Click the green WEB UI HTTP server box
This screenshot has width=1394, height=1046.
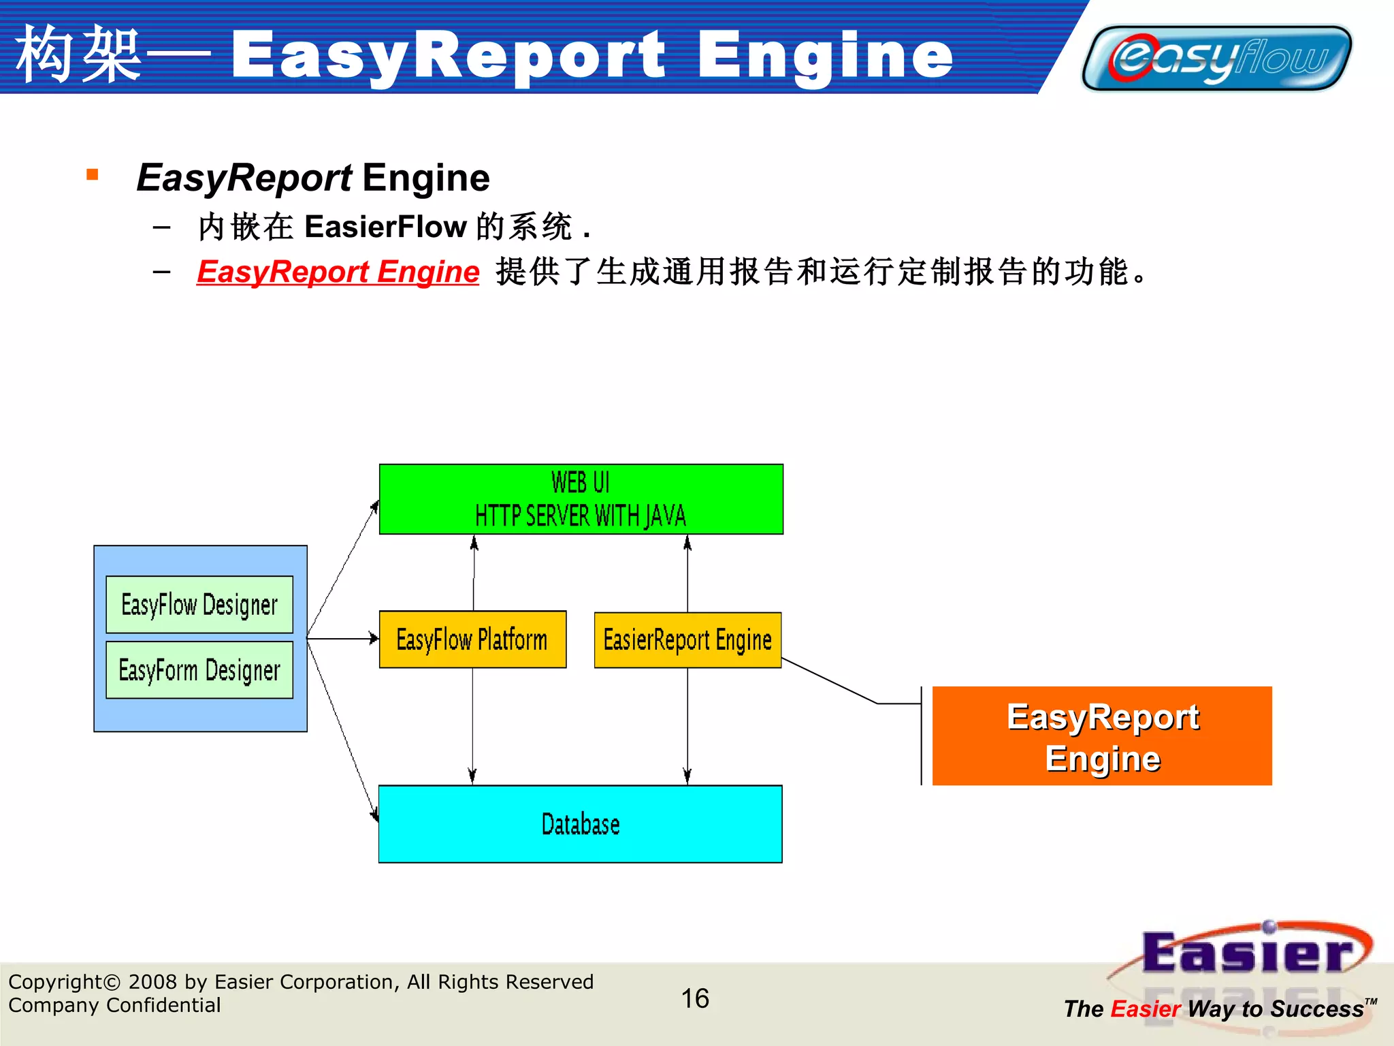point(581,499)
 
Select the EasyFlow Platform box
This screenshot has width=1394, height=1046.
point(472,639)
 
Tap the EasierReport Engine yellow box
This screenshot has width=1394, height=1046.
point(687,640)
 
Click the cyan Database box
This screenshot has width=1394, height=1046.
point(580,824)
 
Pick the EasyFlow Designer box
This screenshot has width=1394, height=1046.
point(199,605)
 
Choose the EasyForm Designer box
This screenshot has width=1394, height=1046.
point(199,670)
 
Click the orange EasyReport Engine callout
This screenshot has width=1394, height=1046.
point(1101,736)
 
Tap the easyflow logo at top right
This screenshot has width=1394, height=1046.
point(1217,59)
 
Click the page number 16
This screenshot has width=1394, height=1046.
point(695,998)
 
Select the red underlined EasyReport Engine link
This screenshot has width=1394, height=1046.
point(338,272)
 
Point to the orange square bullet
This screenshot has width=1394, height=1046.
point(93,175)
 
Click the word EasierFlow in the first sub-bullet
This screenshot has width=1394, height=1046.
point(385,227)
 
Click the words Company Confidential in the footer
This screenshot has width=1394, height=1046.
point(114,1005)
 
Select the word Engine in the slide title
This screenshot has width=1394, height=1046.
point(825,56)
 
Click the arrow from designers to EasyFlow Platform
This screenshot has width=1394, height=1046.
point(344,639)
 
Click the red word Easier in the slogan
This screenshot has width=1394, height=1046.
point(1146,1009)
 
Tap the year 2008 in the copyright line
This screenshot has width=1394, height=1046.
point(153,982)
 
